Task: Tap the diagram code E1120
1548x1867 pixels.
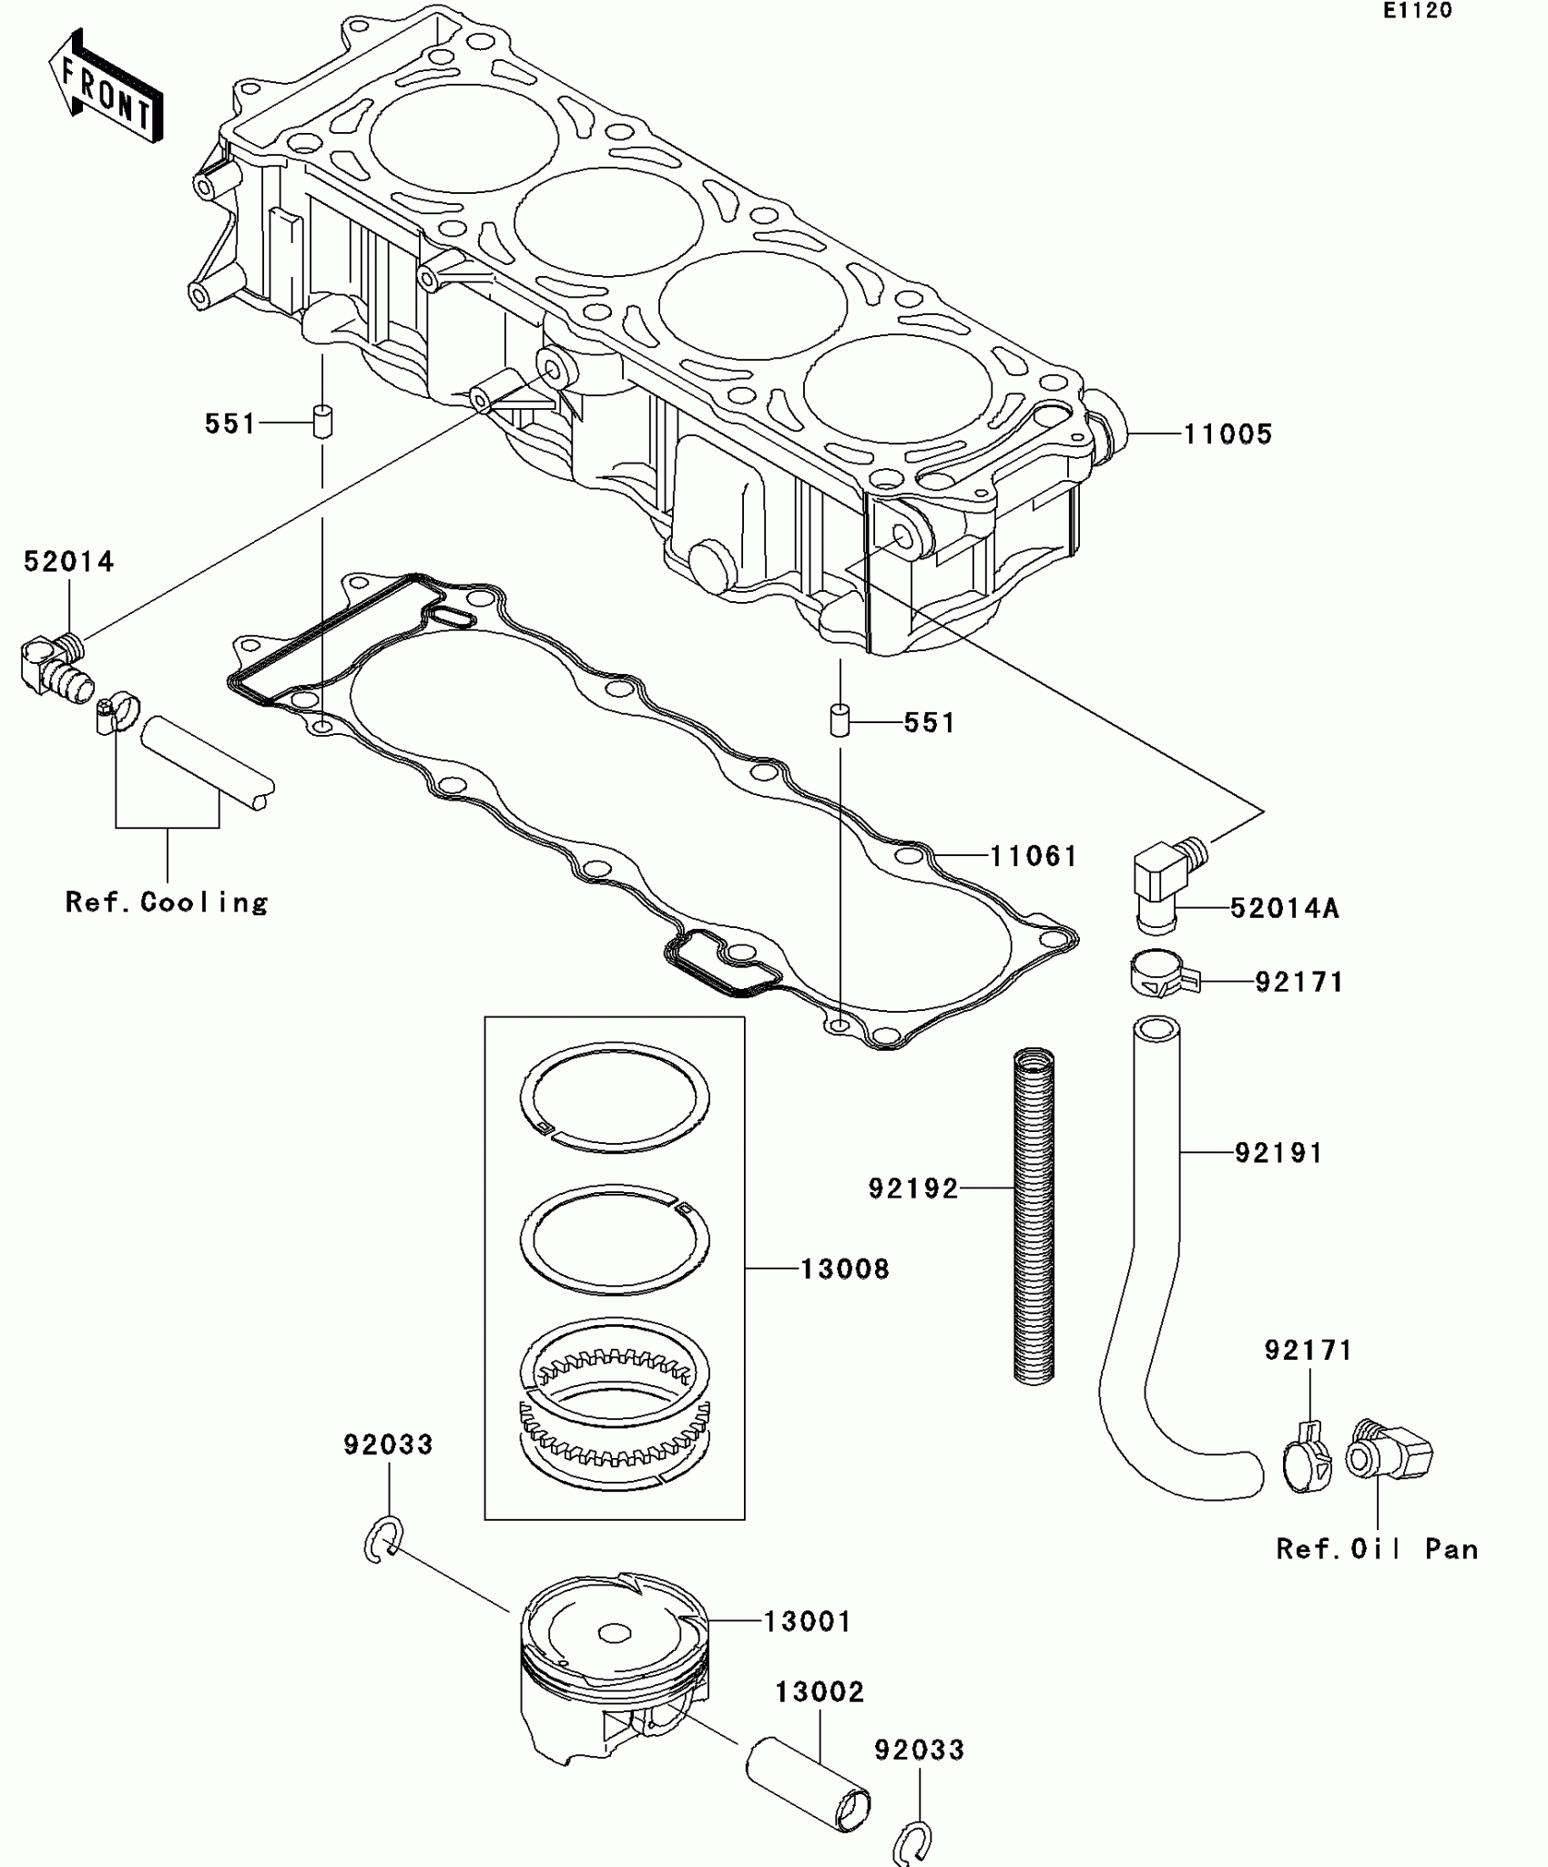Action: pyautogui.click(x=1417, y=12)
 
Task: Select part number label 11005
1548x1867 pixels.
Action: pyautogui.click(x=1227, y=434)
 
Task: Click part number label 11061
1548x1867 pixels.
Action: pyautogui.click(x=1034, y=856)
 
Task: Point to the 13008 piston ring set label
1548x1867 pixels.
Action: pyautogui.click(x=844, y=1269)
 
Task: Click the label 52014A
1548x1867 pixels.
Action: pyautogui.click(x=1284, y=908)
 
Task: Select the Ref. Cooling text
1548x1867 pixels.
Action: pyautogui.click(x=168, y=902)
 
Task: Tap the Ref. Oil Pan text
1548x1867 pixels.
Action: pyautogui.click(x=1377, y=1549)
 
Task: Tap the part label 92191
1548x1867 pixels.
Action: pyautogui.click(x=1278, y=1153)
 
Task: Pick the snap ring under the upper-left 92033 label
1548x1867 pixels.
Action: pyautogui.click(x=383, y=1540)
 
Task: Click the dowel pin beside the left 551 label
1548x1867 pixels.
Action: pyautogui.click(x=322, y=423)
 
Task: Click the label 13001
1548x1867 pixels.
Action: pyautogui.click(x=807, y=1621)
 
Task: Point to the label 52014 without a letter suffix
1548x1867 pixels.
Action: pyautogui.click(x=69, y=562)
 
